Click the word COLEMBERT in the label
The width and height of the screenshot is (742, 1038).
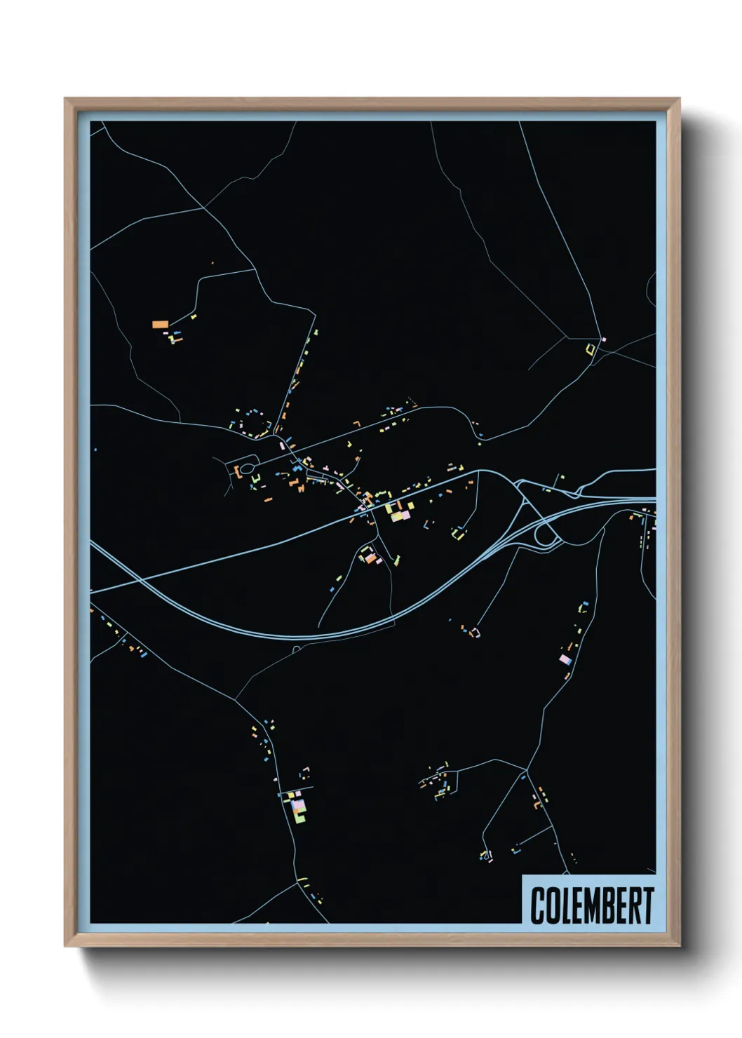pyautogui.click(x=591, y=905)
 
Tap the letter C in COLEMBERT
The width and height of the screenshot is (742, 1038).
pyautogui.click(x=538, y=905)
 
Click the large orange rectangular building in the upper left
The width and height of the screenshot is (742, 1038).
pyautogui.click(x=160, y=324)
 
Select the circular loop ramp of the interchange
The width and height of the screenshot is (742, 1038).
pyautogui.click(x=546, y=536)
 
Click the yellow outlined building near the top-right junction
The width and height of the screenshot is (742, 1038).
pyautogui.click(x=591, y=348)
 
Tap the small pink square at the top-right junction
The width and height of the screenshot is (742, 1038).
pyautogui.click(x=604, y=340)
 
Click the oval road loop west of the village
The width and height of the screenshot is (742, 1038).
pyautogui.click(x=247, y=468)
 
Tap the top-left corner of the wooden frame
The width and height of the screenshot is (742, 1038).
pyautogui.click(x=65, y=99)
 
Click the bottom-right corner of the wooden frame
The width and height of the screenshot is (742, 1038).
pyautogui.click(x=679, y=945)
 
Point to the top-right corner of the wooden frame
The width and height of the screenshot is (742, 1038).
pyautogui.click(x=679, y=99)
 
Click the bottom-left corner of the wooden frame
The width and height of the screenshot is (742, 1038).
pyautogui.click(x=65, y=945)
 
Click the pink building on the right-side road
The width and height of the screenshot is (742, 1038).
pyautogui.click(x=565, y=659)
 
